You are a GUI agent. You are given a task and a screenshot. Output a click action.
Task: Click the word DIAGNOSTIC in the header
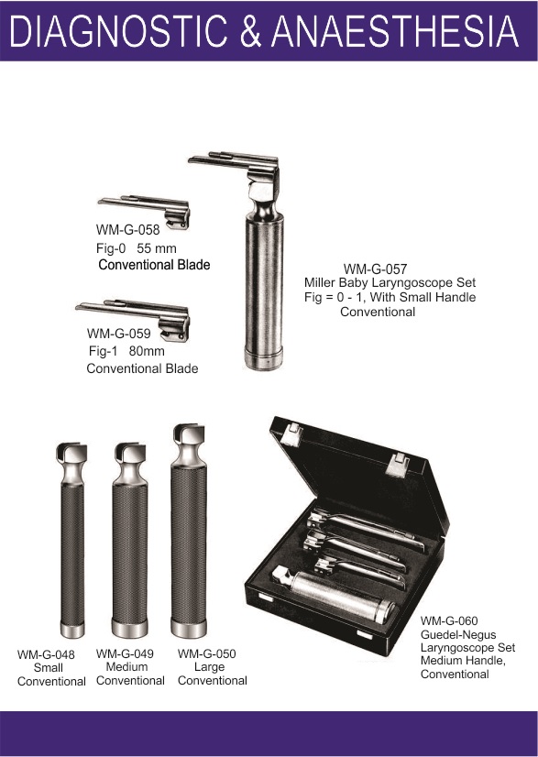pyautogui.click(x=118, y=31)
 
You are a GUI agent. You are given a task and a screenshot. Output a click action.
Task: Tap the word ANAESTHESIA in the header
pyautogui.click(x=395, y=31)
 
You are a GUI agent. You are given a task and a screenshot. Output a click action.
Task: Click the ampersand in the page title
pyautogui.click(x=249, y=31)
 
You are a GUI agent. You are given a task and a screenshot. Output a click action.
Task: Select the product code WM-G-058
pyautogui.click(x=127, y=229)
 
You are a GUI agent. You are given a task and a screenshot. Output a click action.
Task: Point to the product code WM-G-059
pyautogui.click(x=119, y=333)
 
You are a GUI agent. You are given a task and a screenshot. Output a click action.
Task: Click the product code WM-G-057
pyautogui.click(x=375, y=269)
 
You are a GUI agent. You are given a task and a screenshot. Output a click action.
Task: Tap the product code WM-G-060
pyautogui.click(x=449, y=620)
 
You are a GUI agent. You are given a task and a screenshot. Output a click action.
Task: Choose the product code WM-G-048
pyautogui.click(x=46, y=654)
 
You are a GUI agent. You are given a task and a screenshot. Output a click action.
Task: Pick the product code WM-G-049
pyautogui.click(x=125, y=653)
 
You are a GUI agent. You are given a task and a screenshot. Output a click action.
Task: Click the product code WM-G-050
pyautogui.click(x=207, y=653)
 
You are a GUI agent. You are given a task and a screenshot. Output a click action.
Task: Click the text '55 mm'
pyautogui.click(x=157, y=248)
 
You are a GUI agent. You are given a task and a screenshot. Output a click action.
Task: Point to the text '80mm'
pyautogui.click(x=147, y=351)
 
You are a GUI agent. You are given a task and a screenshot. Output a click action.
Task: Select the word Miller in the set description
pyautogui.click(x=320, y=282)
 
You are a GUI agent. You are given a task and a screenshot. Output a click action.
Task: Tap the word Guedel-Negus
pyautogui.click(x=452, y=634)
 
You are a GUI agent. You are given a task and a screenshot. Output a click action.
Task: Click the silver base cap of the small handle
pyautogui.click(x=72, y=630)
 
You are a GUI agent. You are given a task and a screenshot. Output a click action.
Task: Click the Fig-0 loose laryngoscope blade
pyautogui.click(x=144, y=209)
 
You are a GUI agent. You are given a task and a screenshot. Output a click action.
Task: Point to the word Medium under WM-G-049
pyautogui.click(x=126, y=666)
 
